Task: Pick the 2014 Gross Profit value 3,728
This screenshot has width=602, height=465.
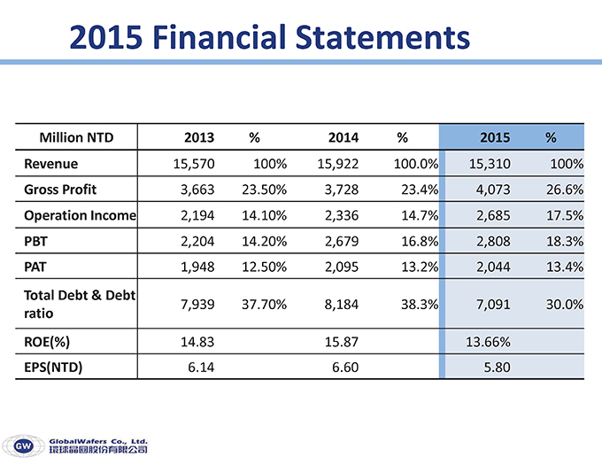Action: point(337,190)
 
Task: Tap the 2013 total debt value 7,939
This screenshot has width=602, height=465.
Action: point(198,304)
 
